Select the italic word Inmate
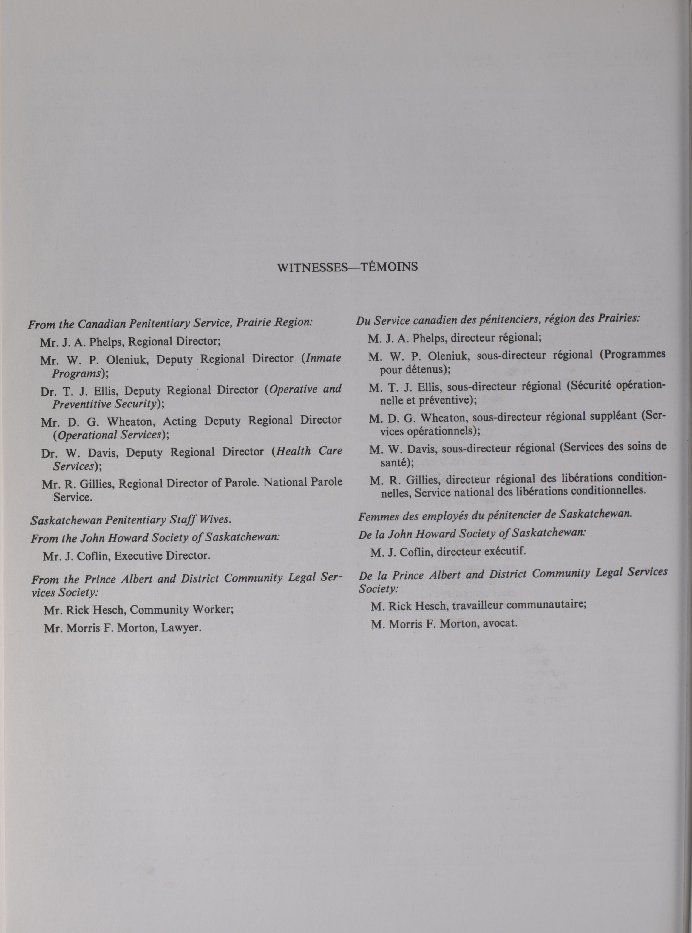point(324,358)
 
